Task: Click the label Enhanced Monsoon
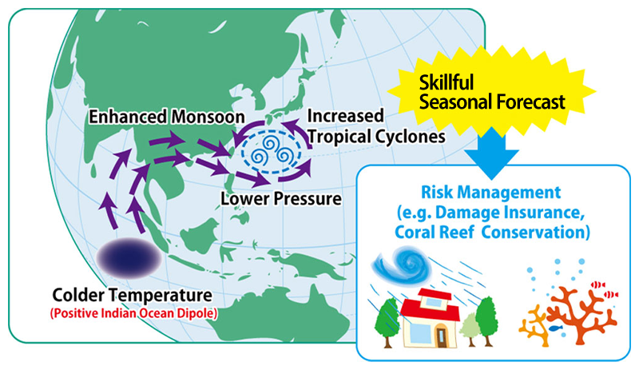tap(167, 117)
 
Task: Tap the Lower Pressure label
tap(281, 199)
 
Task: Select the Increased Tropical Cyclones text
tap(375, 126)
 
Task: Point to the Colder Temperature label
tap(132, 295)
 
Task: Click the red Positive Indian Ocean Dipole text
tap(133, 313)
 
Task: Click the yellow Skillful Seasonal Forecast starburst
tap(492, 91)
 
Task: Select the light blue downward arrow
tap(491, 153)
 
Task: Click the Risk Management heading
tap(490, 192)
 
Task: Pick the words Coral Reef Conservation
tap(492, 232)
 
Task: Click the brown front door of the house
tap(442, 337)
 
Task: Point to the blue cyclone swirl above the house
tap(401, 265)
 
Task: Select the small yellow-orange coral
tap(534, 327)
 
